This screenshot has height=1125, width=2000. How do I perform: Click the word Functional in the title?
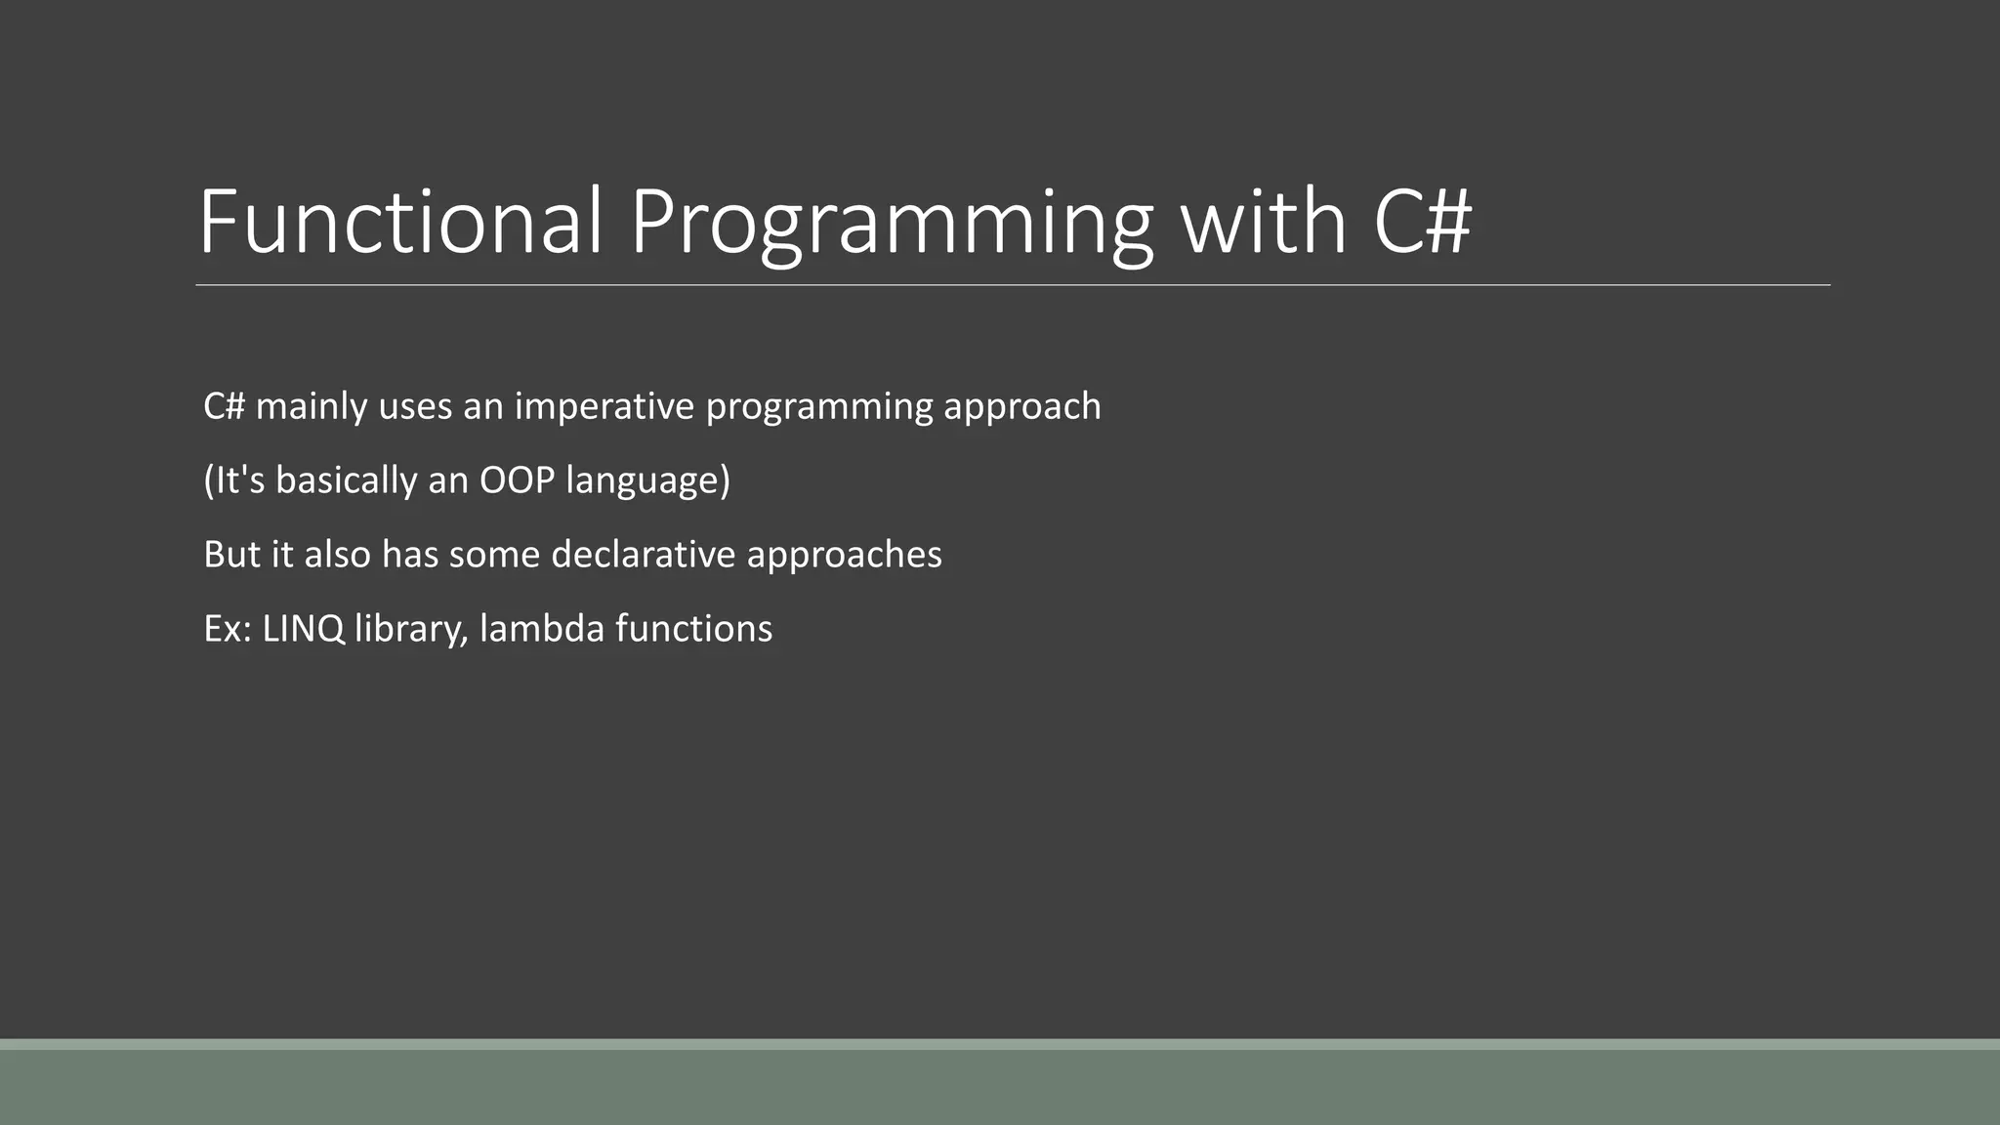pyautogui.click(x=400, y=223)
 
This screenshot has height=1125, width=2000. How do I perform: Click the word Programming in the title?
pyautogui.click(x=891, y=223)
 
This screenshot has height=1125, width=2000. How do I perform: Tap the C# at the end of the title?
pyautogui.click(x=1422, y=223)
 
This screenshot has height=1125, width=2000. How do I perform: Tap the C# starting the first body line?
pyautogui.click(x=224, y=406)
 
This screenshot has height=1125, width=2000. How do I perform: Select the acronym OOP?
pyautogui.click(x=517, y=480)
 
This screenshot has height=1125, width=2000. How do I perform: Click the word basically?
pyautogui.click(x=346, y=480)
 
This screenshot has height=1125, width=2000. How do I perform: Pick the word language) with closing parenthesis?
pyautogui.click(x=647, y=480)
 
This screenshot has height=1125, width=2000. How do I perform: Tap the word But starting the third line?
pyautogui.click(x=232, y=555)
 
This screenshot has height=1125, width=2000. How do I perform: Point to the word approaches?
pyautogui.click(x=844, y=555)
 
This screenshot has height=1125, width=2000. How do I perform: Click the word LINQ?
pyautogui.click(x=304, y=629)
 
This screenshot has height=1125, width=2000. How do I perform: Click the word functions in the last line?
pyautogui.click(x=693, y=629)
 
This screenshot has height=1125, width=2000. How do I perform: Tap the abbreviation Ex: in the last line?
pyautogui.click(x=228, y=629)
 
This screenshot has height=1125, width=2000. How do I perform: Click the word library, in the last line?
pyautogui.click(x=411, y=629)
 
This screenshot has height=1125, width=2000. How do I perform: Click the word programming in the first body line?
pyautogui.click(x=819, y=406)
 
